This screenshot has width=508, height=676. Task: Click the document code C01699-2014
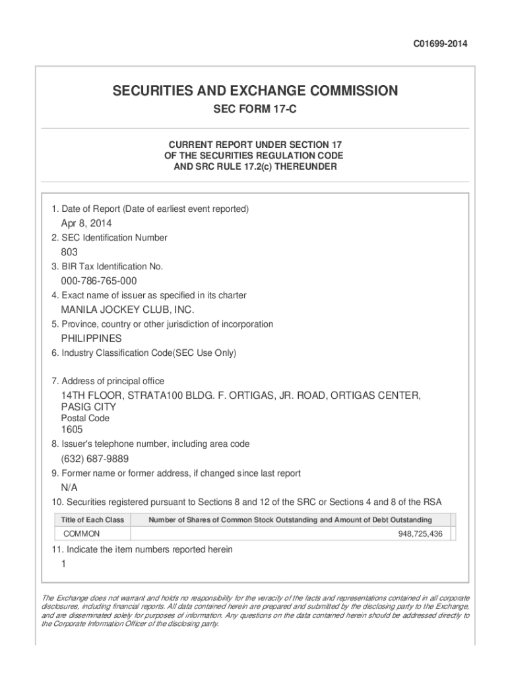tap(440, 44)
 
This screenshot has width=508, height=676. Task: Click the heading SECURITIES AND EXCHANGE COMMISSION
tap(255, 91)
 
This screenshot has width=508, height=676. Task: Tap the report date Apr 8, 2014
tap(86, 223)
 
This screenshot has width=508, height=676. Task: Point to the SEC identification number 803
tap(69, 252)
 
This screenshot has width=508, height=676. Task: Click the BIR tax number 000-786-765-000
tap(99, 281)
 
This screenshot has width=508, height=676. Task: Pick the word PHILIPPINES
tap(92, 339)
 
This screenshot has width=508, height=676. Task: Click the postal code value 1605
tap(72, 430)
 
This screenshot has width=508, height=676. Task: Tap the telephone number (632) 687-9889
tap(95, 459)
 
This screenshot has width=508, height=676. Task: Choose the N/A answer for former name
tap(69, 488)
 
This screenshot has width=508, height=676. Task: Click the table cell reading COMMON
tap(82, 533)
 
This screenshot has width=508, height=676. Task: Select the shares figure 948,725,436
tap(420, 533)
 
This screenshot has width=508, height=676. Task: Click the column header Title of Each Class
tap(92, 520)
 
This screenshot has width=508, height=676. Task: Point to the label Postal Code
tap(85, 419)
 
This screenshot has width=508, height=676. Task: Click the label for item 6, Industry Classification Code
tap(144, 353)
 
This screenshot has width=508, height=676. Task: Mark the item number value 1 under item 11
tap(63, 564)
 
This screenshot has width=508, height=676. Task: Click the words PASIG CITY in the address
tap(88, 407)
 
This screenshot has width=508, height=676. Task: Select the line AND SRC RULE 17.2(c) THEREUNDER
tap(255, 167)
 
